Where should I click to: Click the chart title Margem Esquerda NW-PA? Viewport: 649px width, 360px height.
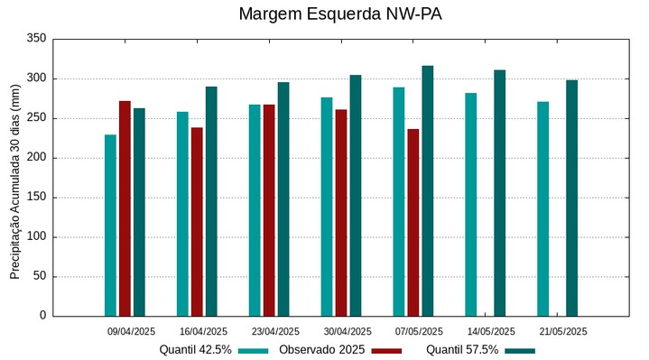pyautogui.click(x=340, y=14)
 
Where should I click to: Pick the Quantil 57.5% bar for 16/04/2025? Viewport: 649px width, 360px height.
pyautogui.click(x=211, y=201)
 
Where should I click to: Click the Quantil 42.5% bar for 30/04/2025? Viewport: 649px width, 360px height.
pyautogui.click(x=327, y=207)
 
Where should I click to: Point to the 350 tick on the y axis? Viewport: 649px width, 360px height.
pyautogui.click(x=37, y=39)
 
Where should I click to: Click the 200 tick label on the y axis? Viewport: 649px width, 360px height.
pyautogui.click(x=37, y=158)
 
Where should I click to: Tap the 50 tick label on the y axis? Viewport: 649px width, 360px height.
pyautogui.click(x=40, y=276)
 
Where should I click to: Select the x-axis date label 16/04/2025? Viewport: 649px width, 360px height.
pyautogui.click(x=203, y=331)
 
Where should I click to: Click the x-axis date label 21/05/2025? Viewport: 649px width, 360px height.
pyautogui.click(x=563, y=331)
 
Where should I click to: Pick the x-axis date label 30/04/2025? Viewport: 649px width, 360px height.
pyautogui.click(x=348, y=331)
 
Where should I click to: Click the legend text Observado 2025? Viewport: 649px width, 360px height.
pyautogui.click(x=321, y=350)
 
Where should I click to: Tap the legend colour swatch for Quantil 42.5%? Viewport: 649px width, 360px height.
pyautogui.click(x=254, y=351)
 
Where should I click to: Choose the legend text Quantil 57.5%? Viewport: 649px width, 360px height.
pyautogui.click(x=462, y=350)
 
